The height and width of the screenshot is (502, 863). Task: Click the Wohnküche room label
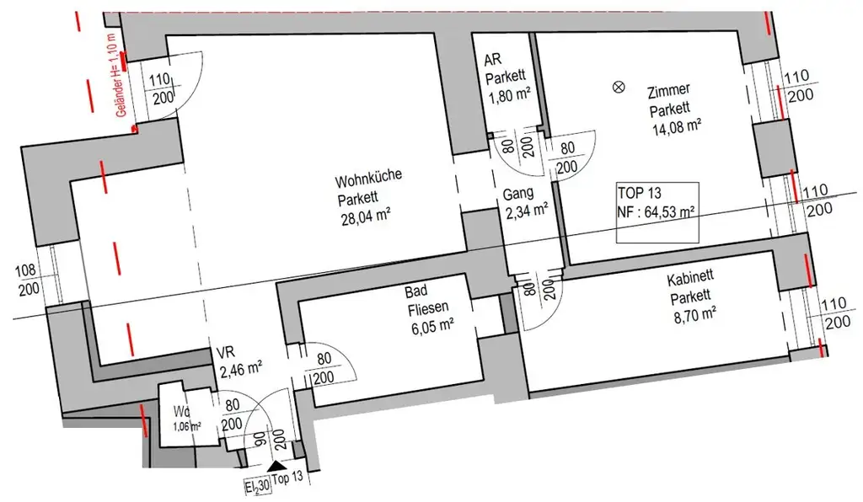point(368,179)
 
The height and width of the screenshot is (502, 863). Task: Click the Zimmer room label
point(670,89)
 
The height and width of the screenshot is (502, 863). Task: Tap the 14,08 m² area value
point(677,128)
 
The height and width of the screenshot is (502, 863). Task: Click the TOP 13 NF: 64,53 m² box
point(657,212)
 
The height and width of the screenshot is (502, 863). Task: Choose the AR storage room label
point(493,61)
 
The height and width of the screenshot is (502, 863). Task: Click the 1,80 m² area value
point(509,96)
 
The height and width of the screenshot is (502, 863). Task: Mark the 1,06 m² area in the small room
point(186,426)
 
